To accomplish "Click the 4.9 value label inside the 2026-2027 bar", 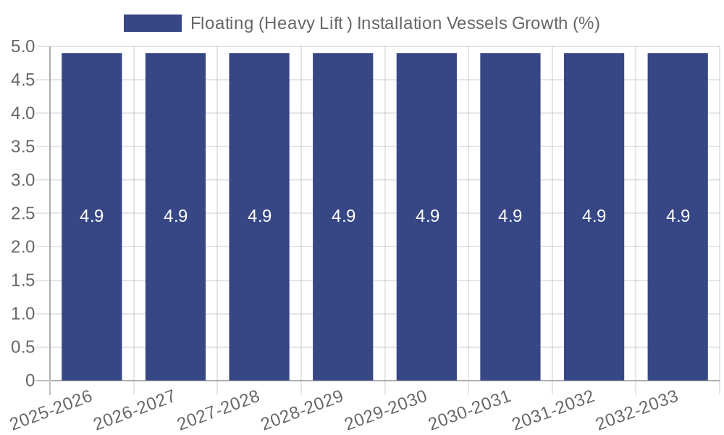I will pyautogui.click(x=175, y=216).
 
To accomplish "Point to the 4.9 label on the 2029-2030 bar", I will pyautogui.click(x=427, y=216).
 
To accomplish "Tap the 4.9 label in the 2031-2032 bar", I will pyautogui.click(x=594, y=216).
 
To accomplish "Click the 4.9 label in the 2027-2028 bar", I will pyautogui.click(x=259, y=216).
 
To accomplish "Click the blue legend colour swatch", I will pyautogui.click(x=153, y=23).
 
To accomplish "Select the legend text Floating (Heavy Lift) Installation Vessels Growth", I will pyautogui.click(x=395, y=23).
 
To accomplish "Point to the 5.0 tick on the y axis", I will pyautogui.click(x=23, y=47).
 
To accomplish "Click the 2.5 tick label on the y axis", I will pyautogui.click(x=23, y=214).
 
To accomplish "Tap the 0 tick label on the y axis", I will pyautogui.click(x=30, y=381).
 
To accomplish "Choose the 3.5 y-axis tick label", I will pyautogui.click(x=23, y=147).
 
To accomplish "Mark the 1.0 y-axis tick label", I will pyautogui.click(x=23, y=314).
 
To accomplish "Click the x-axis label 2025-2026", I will pyautogui.click(x=53, y=409).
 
